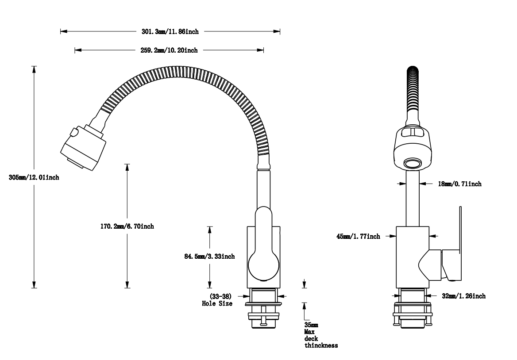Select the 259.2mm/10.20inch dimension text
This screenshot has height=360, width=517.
pyautogui.click(x=166, y=50)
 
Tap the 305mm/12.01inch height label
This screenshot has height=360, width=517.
pyautogui.click(x=34, y=177)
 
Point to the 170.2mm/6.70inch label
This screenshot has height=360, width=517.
pyautogui.click(x=127, y=226)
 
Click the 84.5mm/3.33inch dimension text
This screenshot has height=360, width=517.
pyautogui.click(x=210, y=257)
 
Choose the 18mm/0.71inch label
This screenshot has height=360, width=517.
pyautogui.click(x=460, y=184)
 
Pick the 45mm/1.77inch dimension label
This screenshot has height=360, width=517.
pyautogui.click(x=358, y=237)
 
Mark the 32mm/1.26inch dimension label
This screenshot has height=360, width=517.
pyautogui.click(x=464, y=296)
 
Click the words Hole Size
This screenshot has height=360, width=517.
pyautogui.click(x=217, y=303)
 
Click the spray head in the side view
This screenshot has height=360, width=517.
pyautogui.click(x=83, y=147)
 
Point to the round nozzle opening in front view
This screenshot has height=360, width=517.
pyautogui.click(x=413, y=163)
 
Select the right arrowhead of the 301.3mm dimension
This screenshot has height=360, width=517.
pyautogui.click(x=278, y=31)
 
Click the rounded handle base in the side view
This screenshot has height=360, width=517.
pyautogui.click(x=263, y=265)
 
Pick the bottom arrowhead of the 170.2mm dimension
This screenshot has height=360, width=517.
pyautogui.click(x=127, y=285)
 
